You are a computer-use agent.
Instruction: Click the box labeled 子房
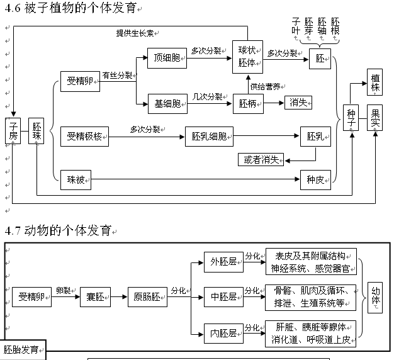(13, 130)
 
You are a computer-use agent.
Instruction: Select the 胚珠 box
(37, 130)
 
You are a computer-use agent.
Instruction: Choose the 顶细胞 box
(167, 58)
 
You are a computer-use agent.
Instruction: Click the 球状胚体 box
(247, 55)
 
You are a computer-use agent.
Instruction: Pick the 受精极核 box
(84, 136)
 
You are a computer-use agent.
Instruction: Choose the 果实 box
(376, 118)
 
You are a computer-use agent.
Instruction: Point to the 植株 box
(376, 82)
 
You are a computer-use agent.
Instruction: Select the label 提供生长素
(135, 33)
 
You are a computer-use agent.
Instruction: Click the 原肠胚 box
(147, 296)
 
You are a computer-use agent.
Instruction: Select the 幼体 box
(376, 296)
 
